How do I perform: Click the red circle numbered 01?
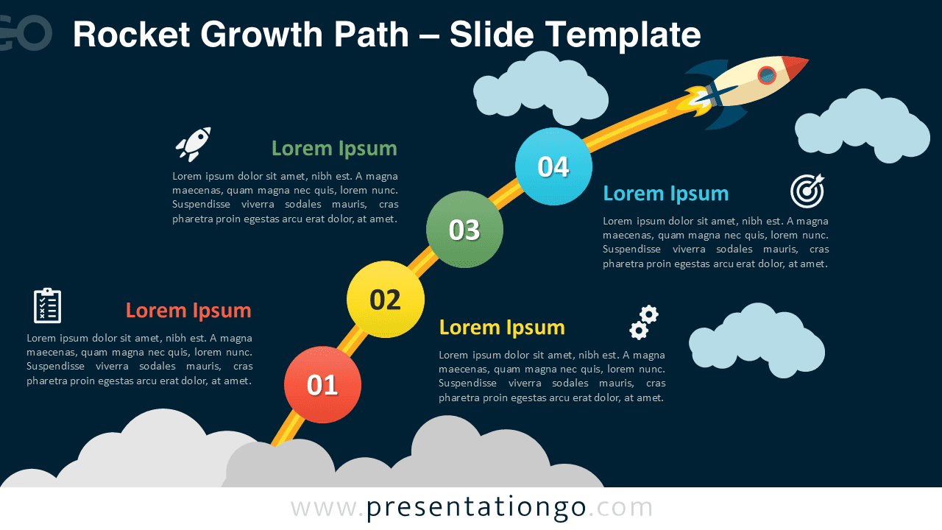(322, 384)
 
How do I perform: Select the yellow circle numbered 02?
(385, 300)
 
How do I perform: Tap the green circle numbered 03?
(464, 230)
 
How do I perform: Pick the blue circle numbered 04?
(553, 166)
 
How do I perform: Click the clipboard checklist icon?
(47, 305)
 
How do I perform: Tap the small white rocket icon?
(194, 144)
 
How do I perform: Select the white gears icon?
(643, 322)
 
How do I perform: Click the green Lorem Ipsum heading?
(334, 149)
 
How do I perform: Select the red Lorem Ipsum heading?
(188, 311)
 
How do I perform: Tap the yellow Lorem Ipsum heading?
(502, 328)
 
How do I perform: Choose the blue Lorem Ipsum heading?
(665, 194)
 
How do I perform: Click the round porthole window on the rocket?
(767, 75)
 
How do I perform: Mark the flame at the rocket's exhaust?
(696, 102)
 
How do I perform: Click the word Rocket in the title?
(129, 35)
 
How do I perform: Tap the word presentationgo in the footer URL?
(476, 508)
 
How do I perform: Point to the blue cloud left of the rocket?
(541, 88)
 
